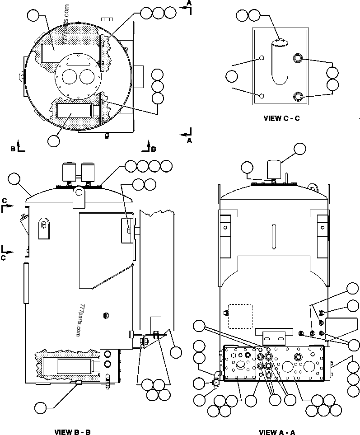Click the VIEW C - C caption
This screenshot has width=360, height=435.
281,118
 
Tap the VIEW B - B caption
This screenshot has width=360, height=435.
73,432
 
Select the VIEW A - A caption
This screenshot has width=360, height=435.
277,432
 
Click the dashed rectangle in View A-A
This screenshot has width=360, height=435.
239,315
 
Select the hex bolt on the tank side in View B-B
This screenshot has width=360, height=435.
106,314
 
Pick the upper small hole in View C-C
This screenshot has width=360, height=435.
262,58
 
